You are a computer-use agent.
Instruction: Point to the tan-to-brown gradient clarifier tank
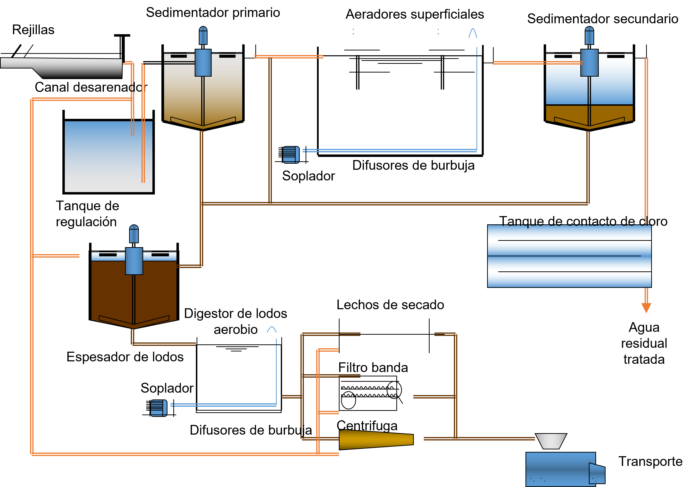183,96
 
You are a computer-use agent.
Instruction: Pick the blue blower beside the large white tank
291,154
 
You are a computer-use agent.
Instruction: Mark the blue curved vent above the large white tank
473,33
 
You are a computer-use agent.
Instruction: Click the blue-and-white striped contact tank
569,256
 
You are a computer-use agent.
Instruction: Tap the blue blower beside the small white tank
158,408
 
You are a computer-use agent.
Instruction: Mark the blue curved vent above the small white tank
272,329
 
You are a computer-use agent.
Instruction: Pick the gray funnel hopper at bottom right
551,441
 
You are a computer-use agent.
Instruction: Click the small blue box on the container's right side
597,473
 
